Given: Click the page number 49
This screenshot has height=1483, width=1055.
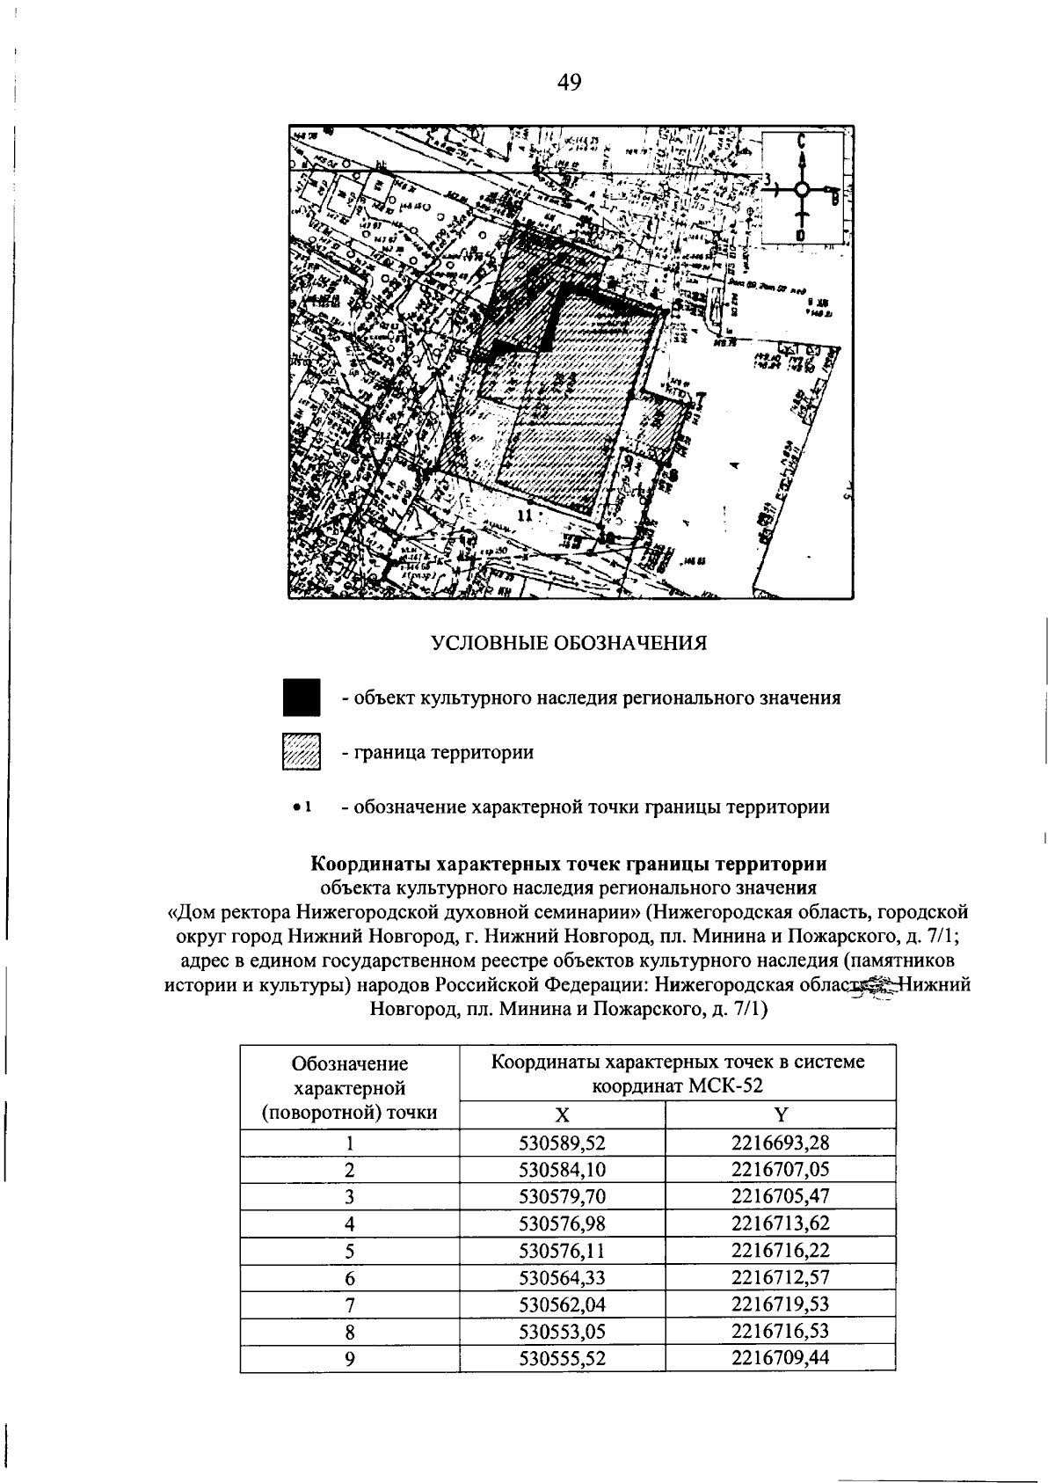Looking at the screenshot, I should coord(569,83).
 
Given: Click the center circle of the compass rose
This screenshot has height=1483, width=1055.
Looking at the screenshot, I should coord(802,189).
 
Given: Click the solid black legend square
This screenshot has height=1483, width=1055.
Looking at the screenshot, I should coord(301,698).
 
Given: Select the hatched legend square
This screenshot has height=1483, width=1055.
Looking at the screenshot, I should coord(301,752).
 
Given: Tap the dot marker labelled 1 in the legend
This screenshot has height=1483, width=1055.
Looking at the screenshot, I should coord(299,806).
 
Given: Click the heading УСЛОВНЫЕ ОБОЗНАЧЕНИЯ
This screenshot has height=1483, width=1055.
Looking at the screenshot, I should coord(569,643).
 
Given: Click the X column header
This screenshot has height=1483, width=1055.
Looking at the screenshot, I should coord(562,1115).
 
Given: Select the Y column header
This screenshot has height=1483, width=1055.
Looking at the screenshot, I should coord(780,1115).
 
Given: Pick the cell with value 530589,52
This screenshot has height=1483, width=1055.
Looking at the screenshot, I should coord(563,1143).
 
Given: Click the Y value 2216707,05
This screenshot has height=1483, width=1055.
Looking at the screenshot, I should coord(780,1170).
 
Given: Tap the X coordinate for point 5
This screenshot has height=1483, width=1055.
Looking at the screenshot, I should coord(563,1250).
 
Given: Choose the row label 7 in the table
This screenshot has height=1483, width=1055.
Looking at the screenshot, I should coord(350,1304).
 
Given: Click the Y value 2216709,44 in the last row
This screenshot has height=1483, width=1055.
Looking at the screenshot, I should coord(780,1357).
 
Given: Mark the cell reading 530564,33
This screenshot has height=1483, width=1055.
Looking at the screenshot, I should coord(563,1277).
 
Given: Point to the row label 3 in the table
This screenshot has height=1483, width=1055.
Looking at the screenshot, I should coord(350,1196).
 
